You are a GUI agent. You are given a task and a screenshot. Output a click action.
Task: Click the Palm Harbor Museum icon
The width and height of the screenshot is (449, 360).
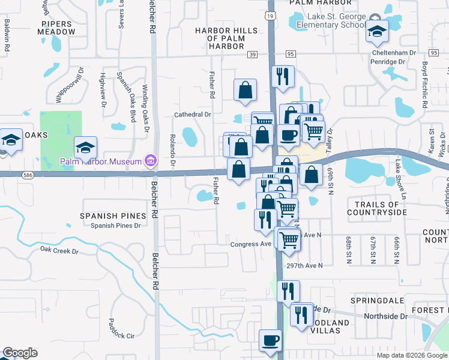point(151,161)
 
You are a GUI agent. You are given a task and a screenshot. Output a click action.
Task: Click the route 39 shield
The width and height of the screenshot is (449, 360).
point(252,55)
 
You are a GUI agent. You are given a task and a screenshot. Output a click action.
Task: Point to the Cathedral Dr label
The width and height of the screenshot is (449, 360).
point(193,114)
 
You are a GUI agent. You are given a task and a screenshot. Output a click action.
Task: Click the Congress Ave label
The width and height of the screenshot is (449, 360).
point(251,244)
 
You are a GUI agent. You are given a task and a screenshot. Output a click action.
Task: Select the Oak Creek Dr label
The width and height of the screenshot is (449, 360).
point(59,250)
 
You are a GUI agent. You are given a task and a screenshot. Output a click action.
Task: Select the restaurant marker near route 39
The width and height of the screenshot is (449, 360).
point(282,76)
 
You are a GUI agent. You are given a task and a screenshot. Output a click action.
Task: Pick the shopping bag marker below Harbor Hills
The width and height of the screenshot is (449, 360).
point(245,90)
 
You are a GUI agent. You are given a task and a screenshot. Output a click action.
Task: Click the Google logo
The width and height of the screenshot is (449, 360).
point(20,353)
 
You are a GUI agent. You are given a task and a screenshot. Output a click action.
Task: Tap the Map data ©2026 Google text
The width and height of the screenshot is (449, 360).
point(411,355)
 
